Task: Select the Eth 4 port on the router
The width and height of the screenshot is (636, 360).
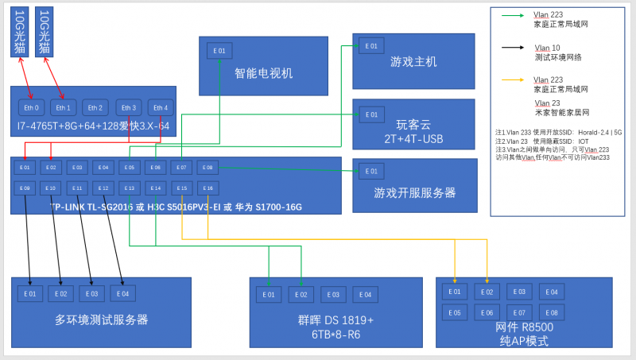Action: point(160,107)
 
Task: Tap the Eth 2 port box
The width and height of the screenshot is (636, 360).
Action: point(95,107)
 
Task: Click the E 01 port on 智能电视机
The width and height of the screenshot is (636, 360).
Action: point(220,51)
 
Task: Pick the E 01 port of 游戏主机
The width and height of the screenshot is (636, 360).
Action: point(371,46)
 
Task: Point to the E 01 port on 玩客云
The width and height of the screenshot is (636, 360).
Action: point(371,114)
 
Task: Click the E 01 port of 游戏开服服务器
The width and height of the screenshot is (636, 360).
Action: point(371,171)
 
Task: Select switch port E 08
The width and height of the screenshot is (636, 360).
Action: point(207,168)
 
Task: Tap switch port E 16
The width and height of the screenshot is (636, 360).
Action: point(207,188)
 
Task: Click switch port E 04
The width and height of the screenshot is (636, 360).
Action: point(103,168)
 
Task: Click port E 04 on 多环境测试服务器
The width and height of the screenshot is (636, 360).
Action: point(121,294)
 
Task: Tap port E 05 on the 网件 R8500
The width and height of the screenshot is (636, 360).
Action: point(455,312)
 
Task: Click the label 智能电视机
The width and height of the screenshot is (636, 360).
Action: point(263,73)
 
